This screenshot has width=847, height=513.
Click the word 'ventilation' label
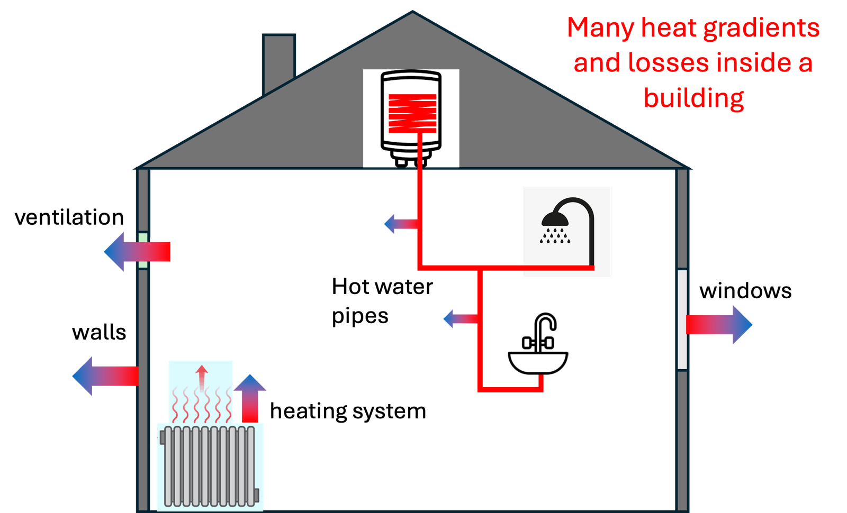click(x=69, y=217)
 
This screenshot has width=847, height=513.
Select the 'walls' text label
click(x=99, y=333)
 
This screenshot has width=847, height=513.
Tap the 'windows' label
click(x=745, y=291)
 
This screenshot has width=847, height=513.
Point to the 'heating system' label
click(x=348, y=411)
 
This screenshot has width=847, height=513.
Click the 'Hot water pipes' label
click(x=382, y=301)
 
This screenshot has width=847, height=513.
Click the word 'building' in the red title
click(x=694, y=98)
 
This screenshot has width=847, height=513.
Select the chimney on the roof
click(x=278, y=62)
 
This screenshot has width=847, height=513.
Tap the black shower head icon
click(x=555, y=219)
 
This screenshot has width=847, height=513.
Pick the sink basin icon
click(x=538, y=363)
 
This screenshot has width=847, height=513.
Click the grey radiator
click(x=210, y=466)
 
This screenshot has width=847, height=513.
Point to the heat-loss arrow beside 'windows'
click(x=719, y=325)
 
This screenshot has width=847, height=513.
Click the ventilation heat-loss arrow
click(x=137, y=252)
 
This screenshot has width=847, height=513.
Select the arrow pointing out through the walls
click(x=105, y=376)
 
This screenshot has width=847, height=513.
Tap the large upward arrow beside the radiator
click(x=250, y=398)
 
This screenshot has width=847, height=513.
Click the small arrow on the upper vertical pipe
click(x=401, y=224)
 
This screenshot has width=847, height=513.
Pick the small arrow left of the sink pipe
click(x=461, y=319)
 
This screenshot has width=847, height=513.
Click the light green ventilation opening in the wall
click(x=143, y=251)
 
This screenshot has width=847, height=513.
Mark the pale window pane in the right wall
click(x=682, y=319)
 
